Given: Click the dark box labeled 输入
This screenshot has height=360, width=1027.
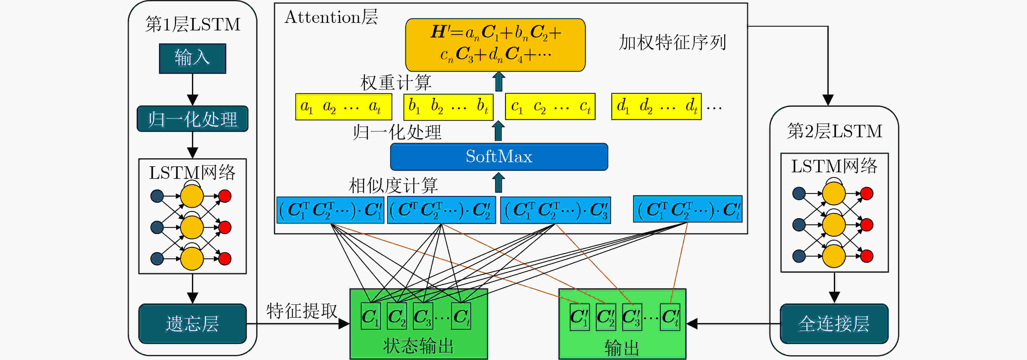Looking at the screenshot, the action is [x=193, y=58].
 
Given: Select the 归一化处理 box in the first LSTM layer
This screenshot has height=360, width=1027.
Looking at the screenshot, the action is [x=193, y=119].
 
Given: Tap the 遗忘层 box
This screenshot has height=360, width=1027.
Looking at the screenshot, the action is [x=193, y=324].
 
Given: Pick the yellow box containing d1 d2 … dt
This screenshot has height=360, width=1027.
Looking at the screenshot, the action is [x=656, y=107].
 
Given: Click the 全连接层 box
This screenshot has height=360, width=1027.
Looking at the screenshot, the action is [x=834, y=324].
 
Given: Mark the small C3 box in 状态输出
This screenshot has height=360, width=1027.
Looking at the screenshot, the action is [x=422, y=316].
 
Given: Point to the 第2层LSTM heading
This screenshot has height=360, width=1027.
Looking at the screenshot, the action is [x=834, y=131].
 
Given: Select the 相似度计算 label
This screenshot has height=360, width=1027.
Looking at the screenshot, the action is [x=393, y=185].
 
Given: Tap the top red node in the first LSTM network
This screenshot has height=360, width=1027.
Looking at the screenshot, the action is [x=225, y=196].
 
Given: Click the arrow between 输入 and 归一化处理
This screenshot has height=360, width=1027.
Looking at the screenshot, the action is [x=193, y=89].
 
